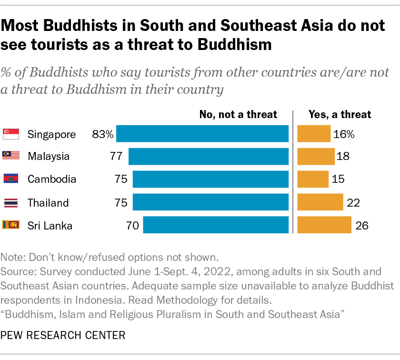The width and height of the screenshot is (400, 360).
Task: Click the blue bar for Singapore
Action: [202, 134]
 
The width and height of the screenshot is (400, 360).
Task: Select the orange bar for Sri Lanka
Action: [324, 225]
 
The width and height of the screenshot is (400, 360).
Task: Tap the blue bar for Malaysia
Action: [209, 156]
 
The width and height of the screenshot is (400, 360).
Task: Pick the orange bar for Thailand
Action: [320, 202]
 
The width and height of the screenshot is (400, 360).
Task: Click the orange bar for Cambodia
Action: [313, 180]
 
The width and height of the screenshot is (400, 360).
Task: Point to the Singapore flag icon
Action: [11, 134]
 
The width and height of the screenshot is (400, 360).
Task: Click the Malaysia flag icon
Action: [11, 156]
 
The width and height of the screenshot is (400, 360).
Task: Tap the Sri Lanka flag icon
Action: [11, 225]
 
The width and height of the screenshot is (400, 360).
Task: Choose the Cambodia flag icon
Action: [11, 180]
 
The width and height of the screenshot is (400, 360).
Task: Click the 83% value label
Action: [103, 134]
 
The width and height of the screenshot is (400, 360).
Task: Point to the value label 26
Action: [362, 226]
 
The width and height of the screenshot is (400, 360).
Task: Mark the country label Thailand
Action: [48, 203]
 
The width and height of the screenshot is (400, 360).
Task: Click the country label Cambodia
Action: [51, 180]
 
